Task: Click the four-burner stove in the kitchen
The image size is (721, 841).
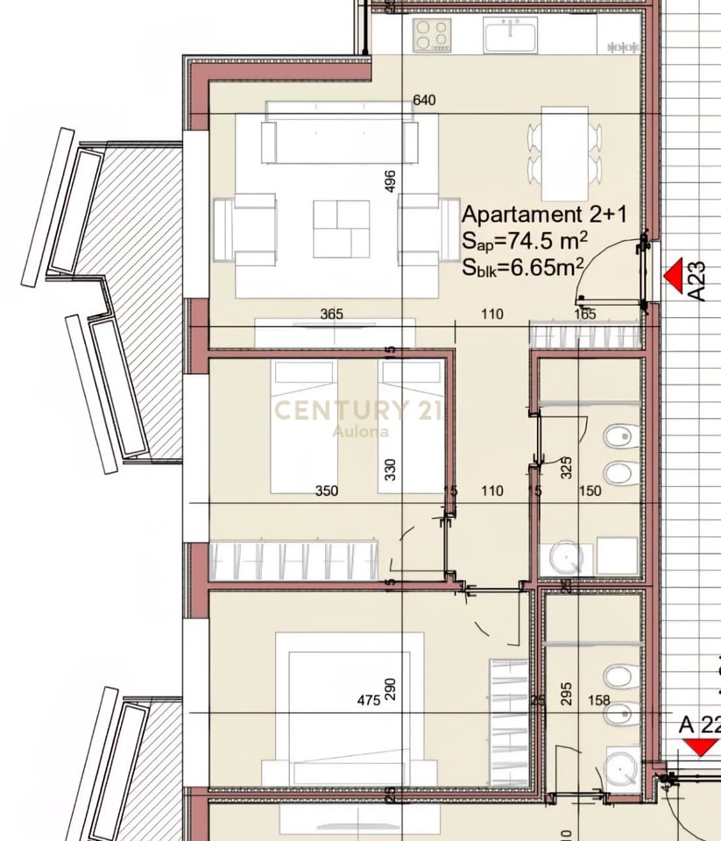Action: (x=433, y=36)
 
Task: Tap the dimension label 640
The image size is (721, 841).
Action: (x=424, y=101)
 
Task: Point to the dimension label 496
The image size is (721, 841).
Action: (x=391, y=180)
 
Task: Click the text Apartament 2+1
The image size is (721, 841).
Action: (x=543, y=215)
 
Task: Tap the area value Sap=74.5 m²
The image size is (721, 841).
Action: (x=525, y=242)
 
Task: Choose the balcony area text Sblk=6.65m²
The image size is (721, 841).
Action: (x=525, y=268)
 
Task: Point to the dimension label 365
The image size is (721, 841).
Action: (x=331, y=314)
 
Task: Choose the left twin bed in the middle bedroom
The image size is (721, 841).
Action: (x=303, y=427)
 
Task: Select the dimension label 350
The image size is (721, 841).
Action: (x=327, y=491)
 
